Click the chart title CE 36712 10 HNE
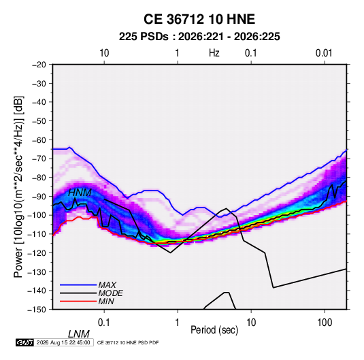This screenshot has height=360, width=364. point(199,19)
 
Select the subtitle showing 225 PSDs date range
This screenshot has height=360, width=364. point(199,37)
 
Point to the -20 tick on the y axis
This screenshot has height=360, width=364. point(39,65)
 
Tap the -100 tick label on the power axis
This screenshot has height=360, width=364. point(37,215)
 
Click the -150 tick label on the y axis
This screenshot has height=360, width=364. point(37,310)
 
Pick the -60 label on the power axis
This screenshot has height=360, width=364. point(39,140)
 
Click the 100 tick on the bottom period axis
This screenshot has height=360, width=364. point(325,323)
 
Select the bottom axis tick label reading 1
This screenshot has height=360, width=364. point(178,323)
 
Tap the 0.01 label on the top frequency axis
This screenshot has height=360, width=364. point(324,53)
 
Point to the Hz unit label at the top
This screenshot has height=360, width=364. point(214,53)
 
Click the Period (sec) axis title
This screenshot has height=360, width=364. point(214,330)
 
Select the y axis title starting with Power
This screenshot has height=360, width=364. point(18,186)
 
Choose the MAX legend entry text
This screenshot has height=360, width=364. point(107,285)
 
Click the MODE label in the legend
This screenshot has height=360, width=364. point(110,293)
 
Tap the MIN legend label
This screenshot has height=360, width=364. point(106,301)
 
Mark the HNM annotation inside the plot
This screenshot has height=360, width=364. point(80,193)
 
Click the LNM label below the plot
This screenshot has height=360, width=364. point(79,334)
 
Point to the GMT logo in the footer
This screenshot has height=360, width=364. point(25,342)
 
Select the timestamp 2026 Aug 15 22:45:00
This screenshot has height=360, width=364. point(63,342)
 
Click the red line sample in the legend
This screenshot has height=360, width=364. point(78,301)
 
